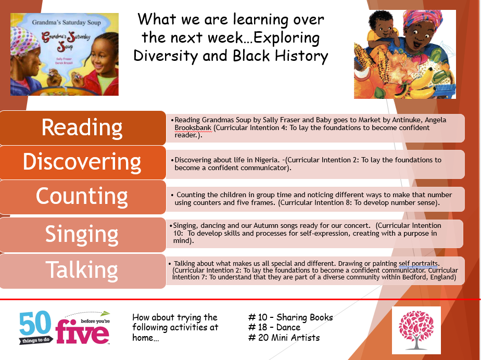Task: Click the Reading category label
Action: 82,128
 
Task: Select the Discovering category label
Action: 82,162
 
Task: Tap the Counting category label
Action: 82,197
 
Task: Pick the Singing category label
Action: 82,235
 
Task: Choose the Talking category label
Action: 82,270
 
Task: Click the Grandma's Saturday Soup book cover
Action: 65,54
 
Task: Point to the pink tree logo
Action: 416,330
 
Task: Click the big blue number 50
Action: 35,324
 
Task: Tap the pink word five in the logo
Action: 82,332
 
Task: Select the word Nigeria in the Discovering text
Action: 267,160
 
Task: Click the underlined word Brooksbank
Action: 193,127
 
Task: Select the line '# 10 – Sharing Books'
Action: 290,317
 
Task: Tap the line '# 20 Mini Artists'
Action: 284,338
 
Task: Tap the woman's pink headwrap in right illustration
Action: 423,18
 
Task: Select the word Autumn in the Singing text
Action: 265,226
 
